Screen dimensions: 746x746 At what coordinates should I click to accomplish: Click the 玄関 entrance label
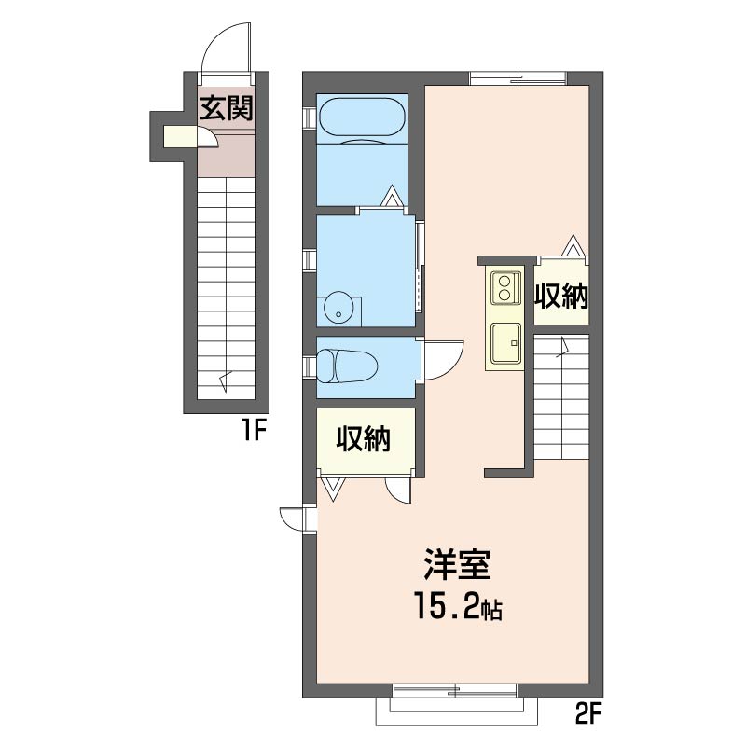tap(226, 108)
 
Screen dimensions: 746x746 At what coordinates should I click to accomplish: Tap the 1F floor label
tap(253, 432)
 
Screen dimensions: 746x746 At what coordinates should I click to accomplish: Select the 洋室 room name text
tap(457, 564)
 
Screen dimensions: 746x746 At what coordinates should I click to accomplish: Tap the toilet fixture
tap(347, 366)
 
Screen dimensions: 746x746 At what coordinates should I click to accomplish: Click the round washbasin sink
tap(338, 309)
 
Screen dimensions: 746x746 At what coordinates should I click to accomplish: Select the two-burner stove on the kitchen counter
tap(504, 288)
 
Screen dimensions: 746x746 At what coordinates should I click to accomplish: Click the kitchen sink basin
tap(506, 342)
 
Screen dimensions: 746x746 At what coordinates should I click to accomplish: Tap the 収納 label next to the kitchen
tap(561, 297)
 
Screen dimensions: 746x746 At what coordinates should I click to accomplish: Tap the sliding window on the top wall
tap(518, 77)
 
